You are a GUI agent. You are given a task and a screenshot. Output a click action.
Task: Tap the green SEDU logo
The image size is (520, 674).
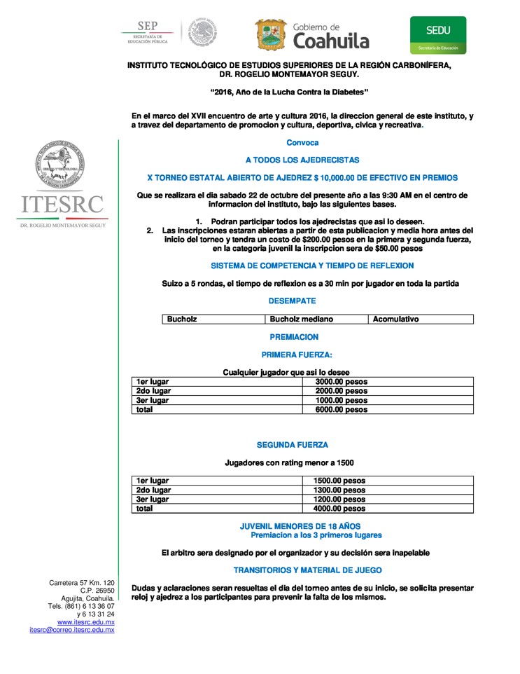point(438,35)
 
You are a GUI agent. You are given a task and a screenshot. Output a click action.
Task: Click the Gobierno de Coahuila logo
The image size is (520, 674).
point(312,34)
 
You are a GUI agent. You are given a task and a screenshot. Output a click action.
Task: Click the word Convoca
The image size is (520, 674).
point(302,142)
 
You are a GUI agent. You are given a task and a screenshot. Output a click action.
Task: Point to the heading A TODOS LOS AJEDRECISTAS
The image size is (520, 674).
point(302,160)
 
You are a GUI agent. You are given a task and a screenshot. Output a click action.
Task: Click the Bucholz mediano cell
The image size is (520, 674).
point(302,319)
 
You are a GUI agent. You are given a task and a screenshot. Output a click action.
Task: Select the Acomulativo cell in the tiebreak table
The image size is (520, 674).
point(396,319)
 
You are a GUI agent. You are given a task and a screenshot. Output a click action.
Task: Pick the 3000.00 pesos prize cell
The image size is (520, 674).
point(342,382)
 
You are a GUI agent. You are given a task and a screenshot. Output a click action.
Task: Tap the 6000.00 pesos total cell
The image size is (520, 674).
point(342,409)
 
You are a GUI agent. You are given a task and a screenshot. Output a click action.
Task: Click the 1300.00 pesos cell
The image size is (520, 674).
point(340,490)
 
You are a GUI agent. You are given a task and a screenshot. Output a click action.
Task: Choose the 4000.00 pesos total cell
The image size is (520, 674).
point(340,509)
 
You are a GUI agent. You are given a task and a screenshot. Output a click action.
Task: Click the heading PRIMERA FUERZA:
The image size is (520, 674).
point(297,355)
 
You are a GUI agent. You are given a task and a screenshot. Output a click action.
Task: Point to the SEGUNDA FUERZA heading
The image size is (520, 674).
point(292,445)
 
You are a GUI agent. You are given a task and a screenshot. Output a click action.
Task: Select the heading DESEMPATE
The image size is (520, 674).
point(292,301)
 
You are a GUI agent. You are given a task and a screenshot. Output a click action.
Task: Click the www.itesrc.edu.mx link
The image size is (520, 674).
point(85,621)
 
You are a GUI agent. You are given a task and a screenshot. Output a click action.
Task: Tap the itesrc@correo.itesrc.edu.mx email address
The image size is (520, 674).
point(71,630)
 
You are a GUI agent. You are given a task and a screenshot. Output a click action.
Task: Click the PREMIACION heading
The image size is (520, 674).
point(294,337)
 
